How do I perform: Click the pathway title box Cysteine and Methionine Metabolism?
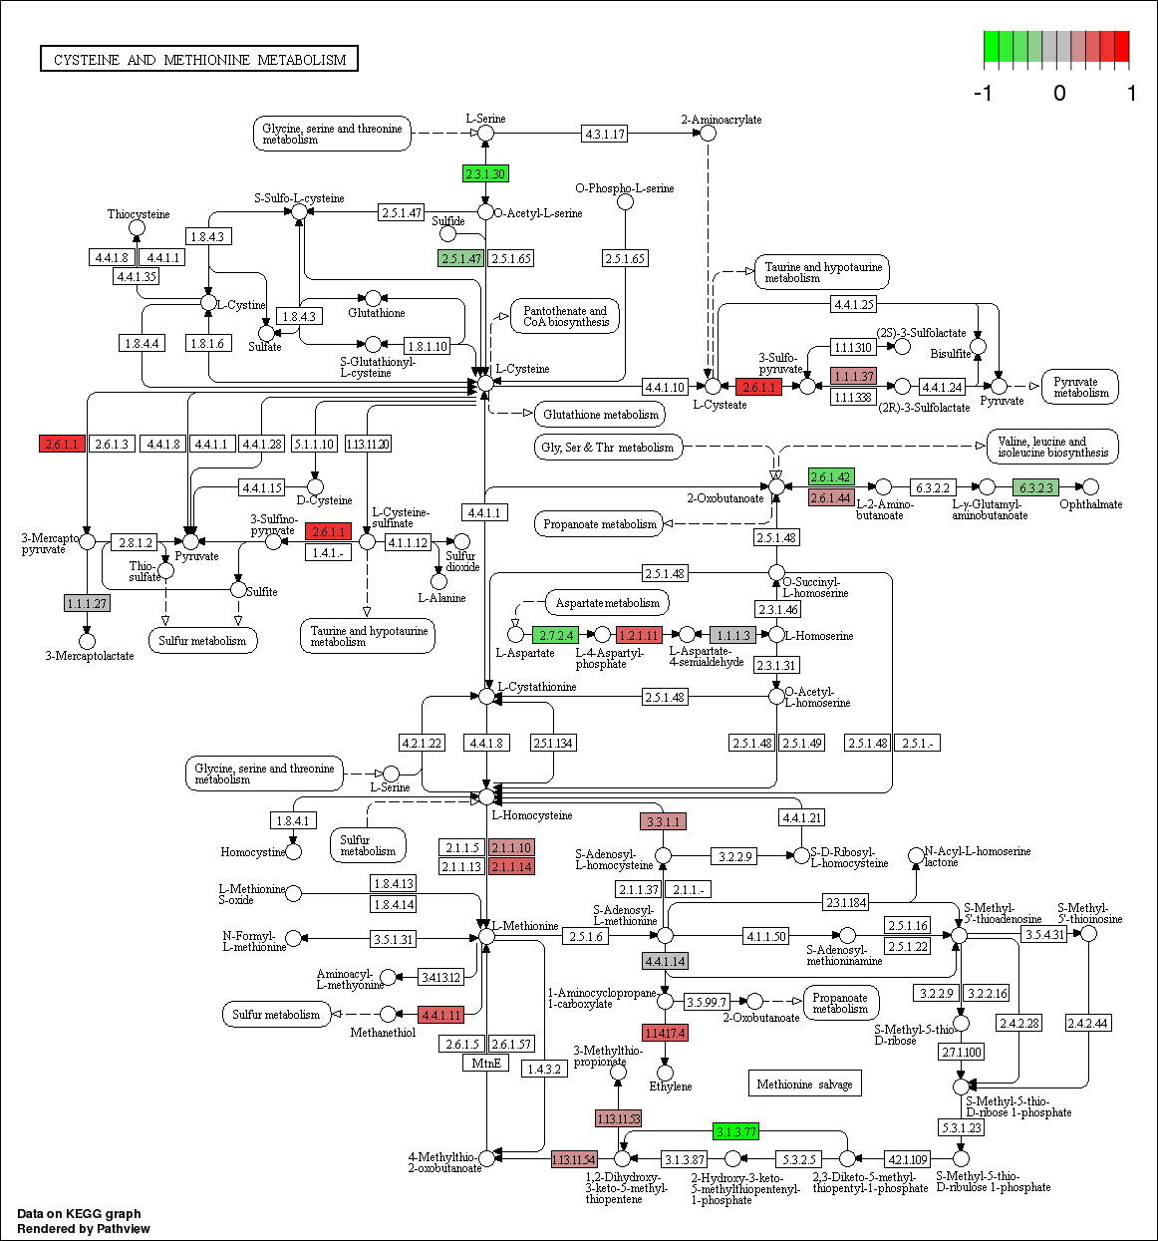199,59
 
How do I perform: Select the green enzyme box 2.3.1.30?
485,173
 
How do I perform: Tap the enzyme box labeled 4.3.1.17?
605,134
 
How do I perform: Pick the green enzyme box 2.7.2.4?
555,635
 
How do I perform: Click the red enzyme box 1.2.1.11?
639,635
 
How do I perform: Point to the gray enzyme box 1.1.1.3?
732,635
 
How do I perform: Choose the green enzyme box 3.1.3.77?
735,1131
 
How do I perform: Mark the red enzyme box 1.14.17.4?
665,1033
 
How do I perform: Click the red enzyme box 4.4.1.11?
440,1015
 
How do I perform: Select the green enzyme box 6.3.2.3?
1034,487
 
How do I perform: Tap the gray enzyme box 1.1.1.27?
87,603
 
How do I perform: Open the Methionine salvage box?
804,1084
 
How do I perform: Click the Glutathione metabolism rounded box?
601,414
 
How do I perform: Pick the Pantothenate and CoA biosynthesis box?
565,316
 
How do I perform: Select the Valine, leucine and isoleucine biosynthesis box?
1052,447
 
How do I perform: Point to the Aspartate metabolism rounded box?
607,602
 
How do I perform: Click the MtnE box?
486,1063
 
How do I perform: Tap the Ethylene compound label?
671,1086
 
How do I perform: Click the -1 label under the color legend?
983,94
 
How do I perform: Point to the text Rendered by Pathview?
84,1228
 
